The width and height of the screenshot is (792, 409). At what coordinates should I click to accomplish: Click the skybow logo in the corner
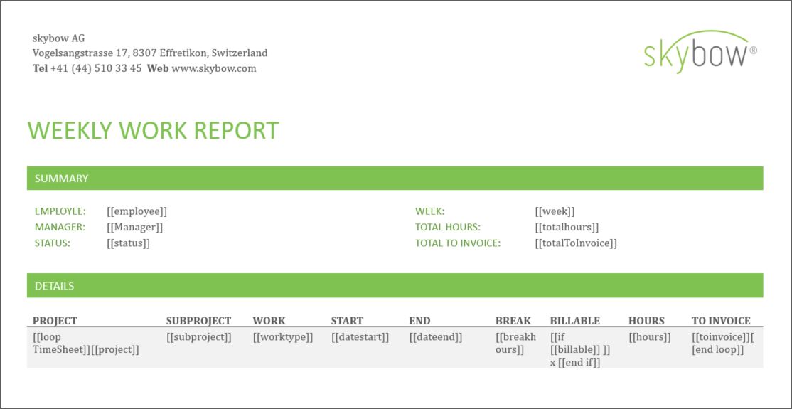pyautogui.click(x=700, y=52)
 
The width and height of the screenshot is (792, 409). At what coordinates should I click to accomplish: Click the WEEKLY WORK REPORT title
pyautogui.click(x=153, y=131)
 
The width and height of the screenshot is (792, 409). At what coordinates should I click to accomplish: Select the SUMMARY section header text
pyautogui.click(x=62, y=179)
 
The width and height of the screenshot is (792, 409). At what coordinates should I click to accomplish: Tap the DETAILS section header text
pyautogui.click(x=55, y=286)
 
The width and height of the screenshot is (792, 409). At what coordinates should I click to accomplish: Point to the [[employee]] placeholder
pyautogui.click(x=137, y=211)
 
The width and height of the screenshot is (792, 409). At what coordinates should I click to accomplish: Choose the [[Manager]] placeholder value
pyautogui.click(x=134, y=228)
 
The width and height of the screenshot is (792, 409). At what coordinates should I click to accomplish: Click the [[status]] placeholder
pyautogui.click(x=128, y=243)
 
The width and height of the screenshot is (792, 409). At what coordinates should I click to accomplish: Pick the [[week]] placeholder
pyautogui.click(x=555, y=211)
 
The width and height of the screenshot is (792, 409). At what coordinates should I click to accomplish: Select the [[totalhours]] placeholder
pyautogui.click(x=567, y=228)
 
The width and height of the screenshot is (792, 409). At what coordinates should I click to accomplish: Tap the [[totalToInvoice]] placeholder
pyautogui.click(x=576, y=243)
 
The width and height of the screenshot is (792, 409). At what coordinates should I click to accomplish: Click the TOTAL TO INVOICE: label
pyautogui.click(x=458, y=243)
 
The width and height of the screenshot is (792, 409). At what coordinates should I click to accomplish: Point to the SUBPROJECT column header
pyautogui.click(x=198, y=321)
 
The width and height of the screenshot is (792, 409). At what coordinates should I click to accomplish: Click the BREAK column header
pyautogui.click(x=513, y=321)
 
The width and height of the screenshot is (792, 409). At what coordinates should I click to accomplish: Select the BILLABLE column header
pyautogui.click(x=575, y=321)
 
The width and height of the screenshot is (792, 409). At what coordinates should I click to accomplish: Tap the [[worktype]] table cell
pyautogui.click(x=283, y=337)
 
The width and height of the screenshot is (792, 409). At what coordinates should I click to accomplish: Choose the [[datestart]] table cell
pyautogui.click(x=360, y=337)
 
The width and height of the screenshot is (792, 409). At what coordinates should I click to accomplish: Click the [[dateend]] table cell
pyautogui.click(x=436, y=337)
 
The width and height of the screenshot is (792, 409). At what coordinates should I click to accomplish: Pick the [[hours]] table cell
pyautogui.click(x=650, y=337)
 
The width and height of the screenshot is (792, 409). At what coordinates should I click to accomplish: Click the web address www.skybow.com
pyautogui.click(x=214, y=69)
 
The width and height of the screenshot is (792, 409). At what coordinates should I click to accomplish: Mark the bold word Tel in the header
pyautogui.click(x=40, y=69)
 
